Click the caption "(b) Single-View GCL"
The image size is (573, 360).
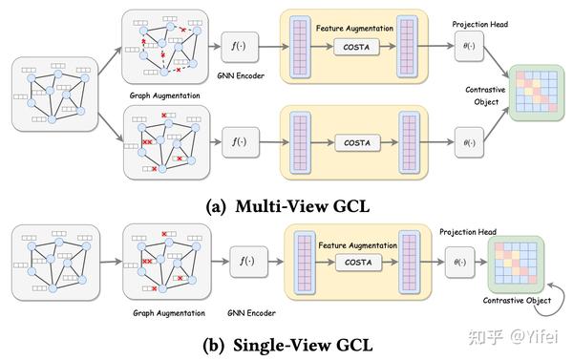pyautogui.click(x=286, y=342)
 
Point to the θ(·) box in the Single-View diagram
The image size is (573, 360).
pyautogui.click(x=459, y=261)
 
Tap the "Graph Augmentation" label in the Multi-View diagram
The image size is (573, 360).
pyautogui.click(x=163, y=96)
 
